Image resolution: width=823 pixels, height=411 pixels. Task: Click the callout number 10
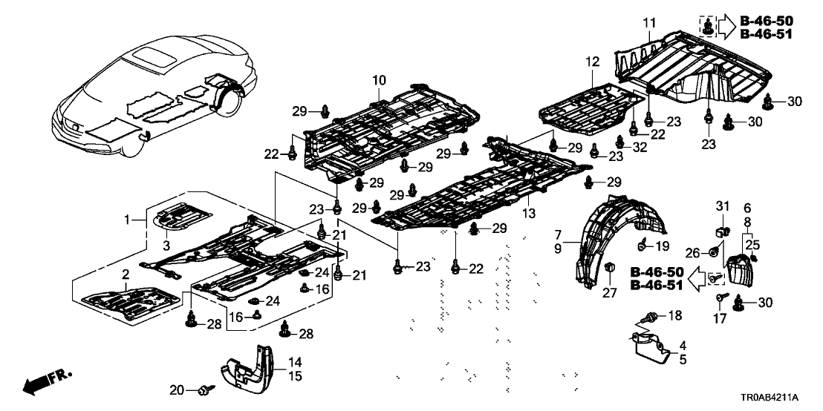(379, 79)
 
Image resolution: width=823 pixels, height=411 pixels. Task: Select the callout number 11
(648, 24)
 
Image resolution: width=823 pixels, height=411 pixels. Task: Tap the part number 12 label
(591, 62)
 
